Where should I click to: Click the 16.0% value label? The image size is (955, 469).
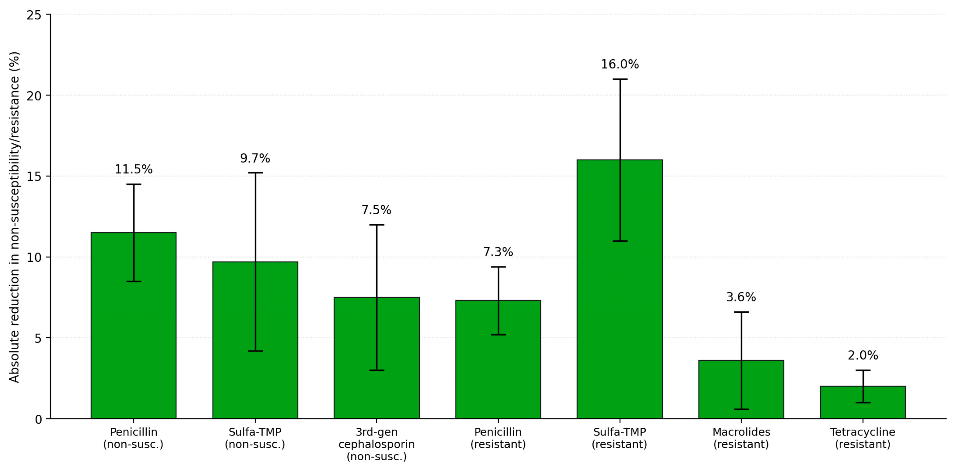(x=619, y=64)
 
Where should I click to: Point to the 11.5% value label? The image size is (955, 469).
(x=133, y=169)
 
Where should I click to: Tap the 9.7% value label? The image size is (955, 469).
(x=255, y=158)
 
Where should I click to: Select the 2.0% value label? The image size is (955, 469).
(x=863, y=355)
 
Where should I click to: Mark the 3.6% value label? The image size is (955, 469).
(x=741, y=297)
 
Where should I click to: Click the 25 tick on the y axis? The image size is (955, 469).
(x=34, y=15)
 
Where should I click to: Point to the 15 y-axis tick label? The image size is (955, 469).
(x=34, y=176)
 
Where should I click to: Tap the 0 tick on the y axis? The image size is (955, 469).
(x=38, y=419)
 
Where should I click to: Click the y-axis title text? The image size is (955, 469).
(x=14, y=217)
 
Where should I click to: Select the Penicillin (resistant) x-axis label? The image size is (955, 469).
(x=498, y=438)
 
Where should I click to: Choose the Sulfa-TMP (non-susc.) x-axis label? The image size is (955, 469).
(x=255, y=438)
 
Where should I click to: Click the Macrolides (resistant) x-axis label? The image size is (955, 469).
(x=741, y=438)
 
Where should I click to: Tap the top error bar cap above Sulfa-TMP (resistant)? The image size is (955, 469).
(x=619, y=79)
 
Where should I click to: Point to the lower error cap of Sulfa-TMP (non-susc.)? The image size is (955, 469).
(x=255, y=351)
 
